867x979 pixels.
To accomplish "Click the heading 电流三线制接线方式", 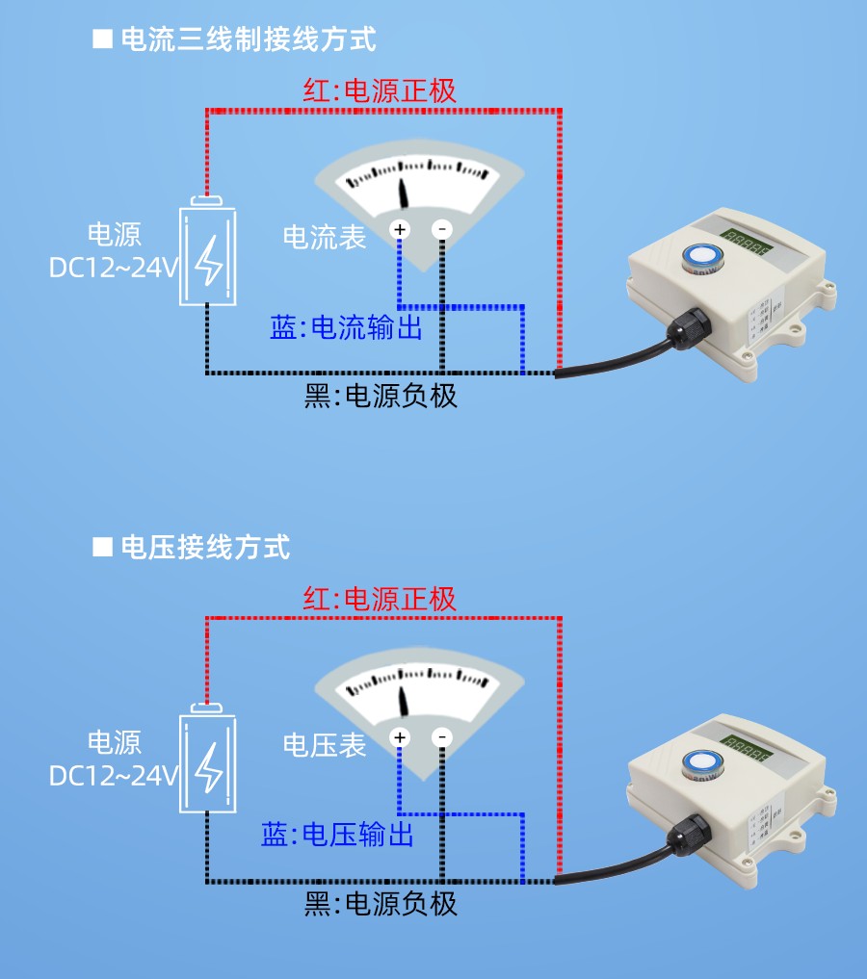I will (248, 39).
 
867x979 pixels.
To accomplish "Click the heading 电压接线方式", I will (204, 548).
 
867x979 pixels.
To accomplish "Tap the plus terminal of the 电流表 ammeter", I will (400, 229).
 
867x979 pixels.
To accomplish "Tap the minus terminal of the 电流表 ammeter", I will (441, 229).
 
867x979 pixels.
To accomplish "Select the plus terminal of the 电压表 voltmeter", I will (400, 737).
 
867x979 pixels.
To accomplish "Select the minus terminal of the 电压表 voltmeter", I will (441, 737).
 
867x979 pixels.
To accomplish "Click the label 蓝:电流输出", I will (346, 328).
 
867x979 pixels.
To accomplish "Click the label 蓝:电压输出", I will (337, 835).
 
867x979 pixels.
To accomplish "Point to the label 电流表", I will (325, 238).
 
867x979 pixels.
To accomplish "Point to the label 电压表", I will (325, 745).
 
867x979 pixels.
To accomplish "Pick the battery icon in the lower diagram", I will (209, 760).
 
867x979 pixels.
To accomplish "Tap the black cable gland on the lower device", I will (692, 834).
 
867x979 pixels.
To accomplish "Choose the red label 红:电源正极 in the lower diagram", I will (380, 599).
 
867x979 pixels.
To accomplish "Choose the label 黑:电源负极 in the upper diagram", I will (381, 396).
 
